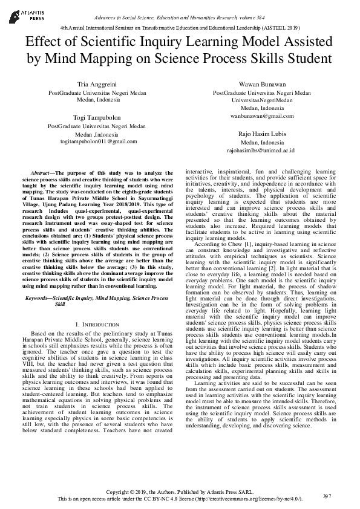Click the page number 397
pyautogui.click(x=327, y=496)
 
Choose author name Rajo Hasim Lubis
pyautogui.click(x=262, y=133)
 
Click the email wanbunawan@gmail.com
pyautogui.click(x=262, y=115)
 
